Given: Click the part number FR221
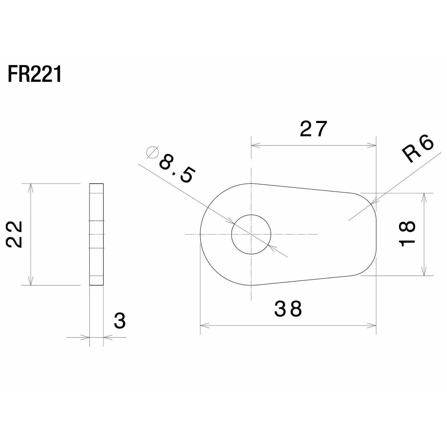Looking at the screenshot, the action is tap(34, 74).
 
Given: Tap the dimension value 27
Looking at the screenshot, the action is tap(314, 128).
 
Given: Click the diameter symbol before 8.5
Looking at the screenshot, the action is tap(153, 152).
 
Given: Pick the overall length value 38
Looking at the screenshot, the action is tap(288, 309).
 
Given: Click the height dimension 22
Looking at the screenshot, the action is tap(14, 234).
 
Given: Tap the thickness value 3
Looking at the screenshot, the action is tap(120, 321).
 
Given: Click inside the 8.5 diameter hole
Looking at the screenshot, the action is tap(251, 234).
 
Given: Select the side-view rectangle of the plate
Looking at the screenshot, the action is tap(96, 234).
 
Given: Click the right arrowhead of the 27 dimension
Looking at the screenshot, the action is tap(372, 146).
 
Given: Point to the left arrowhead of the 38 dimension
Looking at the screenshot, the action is tap(204, 325).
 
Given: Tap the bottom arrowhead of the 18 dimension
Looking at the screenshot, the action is tap(424, 271).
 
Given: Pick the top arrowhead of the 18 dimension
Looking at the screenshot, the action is tap(424, 197).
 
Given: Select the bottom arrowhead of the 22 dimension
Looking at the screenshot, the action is tap(31, 281).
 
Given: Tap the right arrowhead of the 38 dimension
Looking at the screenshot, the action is tap(372, 325).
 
